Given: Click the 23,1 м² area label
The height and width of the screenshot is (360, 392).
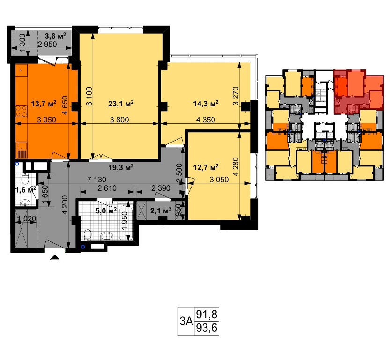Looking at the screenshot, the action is coord(121,103).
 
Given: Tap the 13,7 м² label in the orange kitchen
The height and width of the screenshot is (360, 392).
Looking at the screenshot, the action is coord(44,103).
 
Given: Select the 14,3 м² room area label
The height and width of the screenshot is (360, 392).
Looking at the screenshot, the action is coord(206,103).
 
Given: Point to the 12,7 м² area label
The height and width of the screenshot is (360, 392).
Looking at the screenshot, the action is coord(206,167).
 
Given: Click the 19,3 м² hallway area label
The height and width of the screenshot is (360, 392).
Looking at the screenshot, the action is coord(121,167).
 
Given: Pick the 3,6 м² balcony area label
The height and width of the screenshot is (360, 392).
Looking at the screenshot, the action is coord(55,36).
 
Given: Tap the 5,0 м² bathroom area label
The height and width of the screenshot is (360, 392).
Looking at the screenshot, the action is coord(106,210).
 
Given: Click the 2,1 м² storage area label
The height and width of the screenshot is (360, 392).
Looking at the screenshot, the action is coord(161,210).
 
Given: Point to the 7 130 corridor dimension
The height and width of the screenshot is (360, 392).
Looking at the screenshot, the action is coord(96,180).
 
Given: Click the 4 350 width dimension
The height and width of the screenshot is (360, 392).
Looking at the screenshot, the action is coord(206,120).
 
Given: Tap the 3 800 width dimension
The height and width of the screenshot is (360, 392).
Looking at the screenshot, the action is coord(119,120).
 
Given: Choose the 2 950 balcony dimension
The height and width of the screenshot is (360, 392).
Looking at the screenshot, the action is coord(47,44).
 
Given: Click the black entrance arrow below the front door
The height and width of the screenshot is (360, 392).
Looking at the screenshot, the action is coord(55,257).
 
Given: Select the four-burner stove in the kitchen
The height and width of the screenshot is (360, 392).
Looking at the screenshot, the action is coord(22,111).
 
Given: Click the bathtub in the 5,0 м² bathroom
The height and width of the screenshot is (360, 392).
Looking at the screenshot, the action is coord(125,223).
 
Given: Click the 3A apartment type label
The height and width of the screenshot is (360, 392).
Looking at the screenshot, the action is coord(186,322).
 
